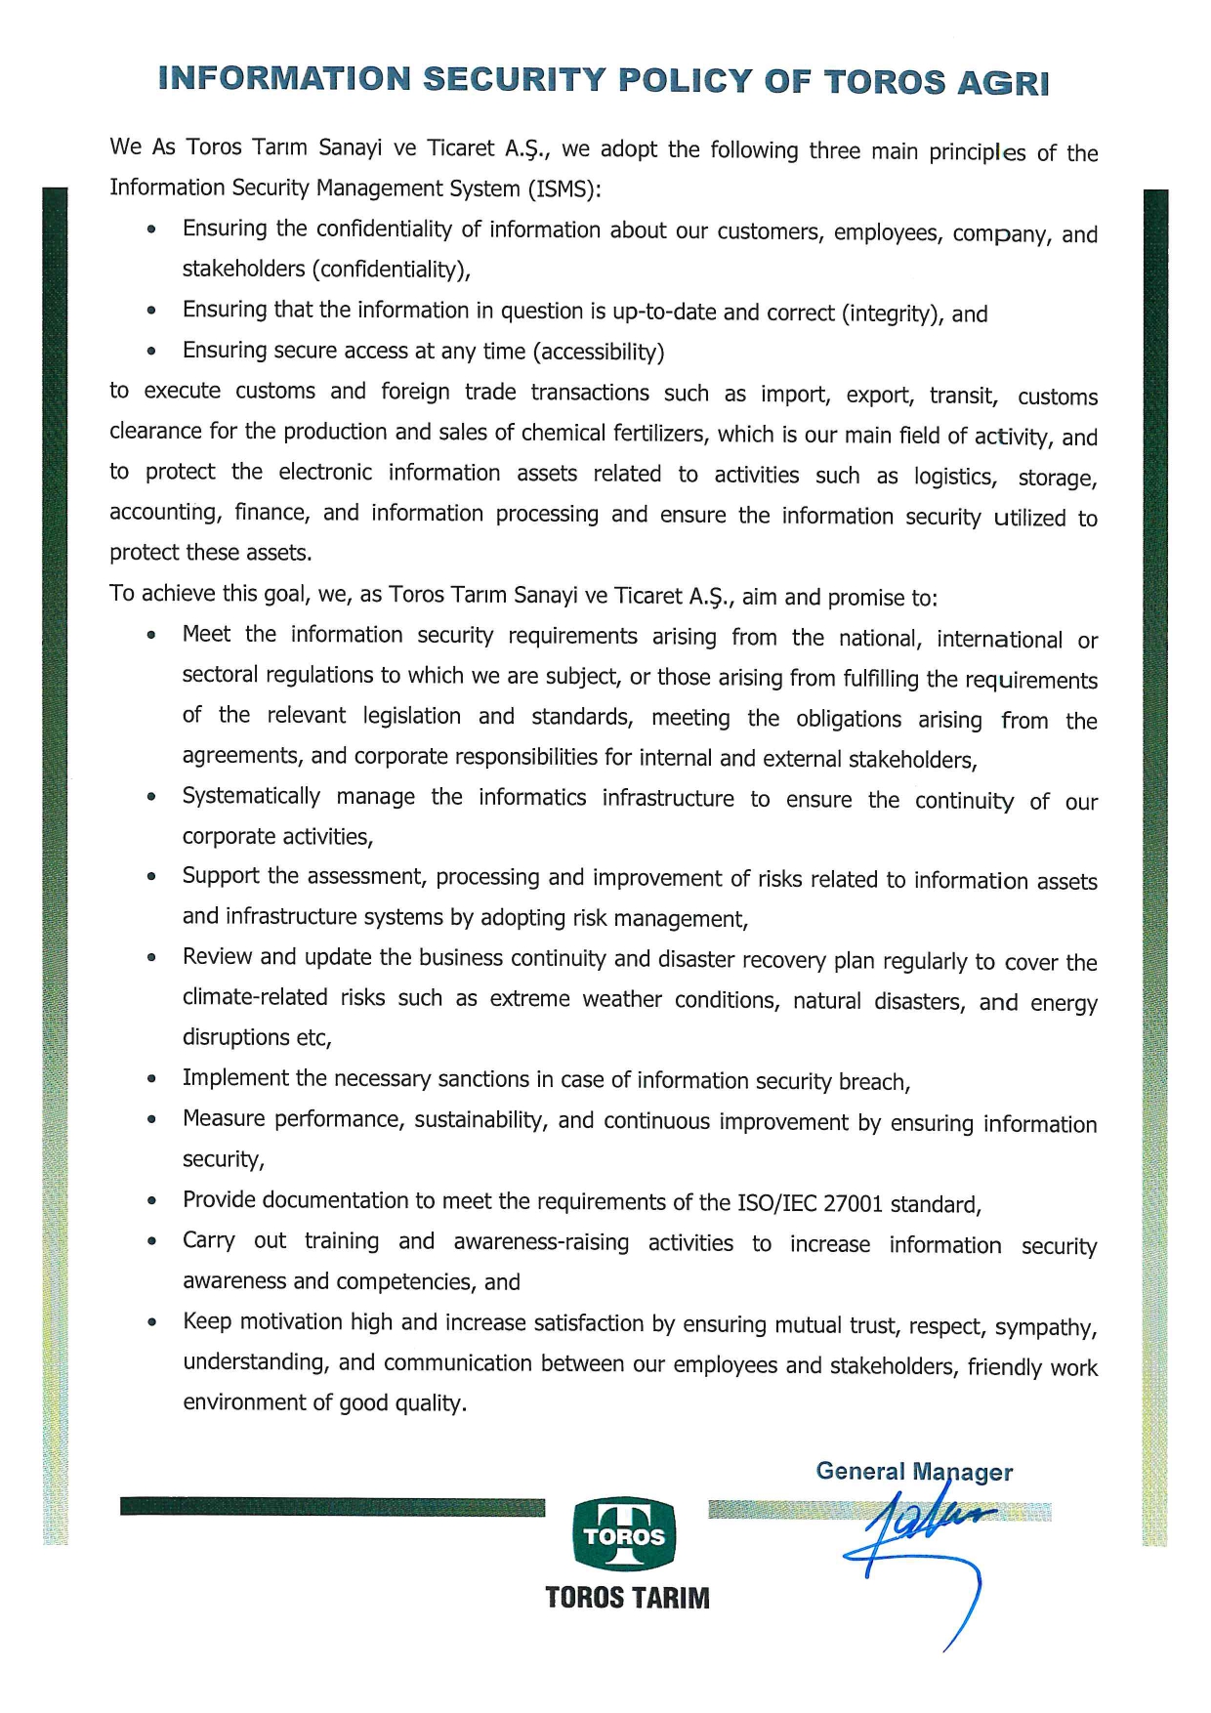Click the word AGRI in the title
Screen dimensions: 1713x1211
coord(1003,83)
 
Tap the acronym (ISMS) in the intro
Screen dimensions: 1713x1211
coord(563,189)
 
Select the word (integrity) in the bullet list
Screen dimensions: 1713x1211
coord(893,313)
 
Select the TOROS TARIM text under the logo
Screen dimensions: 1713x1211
coord(627,1598)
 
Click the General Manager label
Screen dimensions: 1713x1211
coord(914,1472)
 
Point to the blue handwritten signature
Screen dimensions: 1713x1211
coord(923,1543)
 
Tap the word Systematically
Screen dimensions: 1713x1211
coord(251,796)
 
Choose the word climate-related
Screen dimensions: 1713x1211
coord(255,997)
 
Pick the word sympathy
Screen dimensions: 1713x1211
coord(1054,1327)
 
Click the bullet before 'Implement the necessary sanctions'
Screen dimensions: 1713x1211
coord(151,1079)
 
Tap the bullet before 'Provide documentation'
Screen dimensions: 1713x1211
coord(151,1201)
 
